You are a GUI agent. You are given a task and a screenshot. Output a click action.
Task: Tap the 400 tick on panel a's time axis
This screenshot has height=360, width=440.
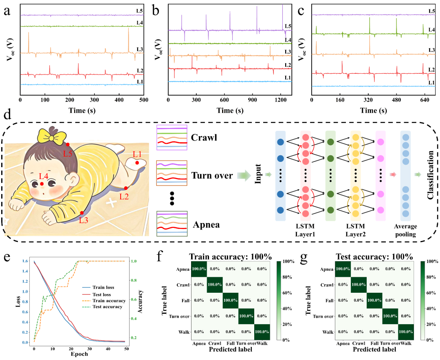coord(119,99)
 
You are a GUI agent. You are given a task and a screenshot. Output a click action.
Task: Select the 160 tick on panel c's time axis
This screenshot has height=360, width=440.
coord(339,99)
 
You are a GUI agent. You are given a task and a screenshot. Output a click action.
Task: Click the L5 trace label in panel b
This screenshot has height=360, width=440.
coord(288,27)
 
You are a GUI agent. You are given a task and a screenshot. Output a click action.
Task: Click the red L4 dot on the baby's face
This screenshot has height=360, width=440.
coord(42,184)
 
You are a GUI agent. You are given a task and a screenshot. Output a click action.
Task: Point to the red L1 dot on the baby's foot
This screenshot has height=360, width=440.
coord(137,163)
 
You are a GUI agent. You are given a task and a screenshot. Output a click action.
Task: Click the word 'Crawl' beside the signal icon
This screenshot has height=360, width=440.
coord(205,137)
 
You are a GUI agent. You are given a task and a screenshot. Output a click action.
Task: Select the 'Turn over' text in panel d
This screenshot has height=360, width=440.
coord(212,176)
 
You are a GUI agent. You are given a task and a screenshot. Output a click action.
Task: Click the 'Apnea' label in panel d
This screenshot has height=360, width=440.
coord(207,224)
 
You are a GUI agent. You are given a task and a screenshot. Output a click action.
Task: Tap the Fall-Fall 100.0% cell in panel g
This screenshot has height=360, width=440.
coord(374,300)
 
